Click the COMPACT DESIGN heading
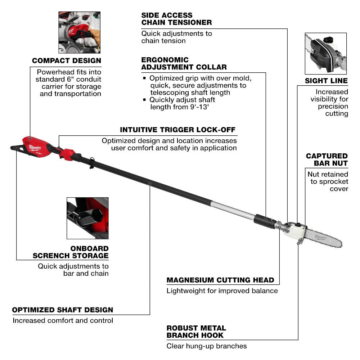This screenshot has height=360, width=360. pyautogui.click(x=66, y=60)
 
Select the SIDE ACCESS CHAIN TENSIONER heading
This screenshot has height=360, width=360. pyautogui.click(x=176, y=19)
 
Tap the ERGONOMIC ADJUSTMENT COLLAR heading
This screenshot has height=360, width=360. pyautogui.click(x=184, y=63)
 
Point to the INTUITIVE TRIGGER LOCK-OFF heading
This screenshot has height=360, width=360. pyautogui.click(x=178, y=130)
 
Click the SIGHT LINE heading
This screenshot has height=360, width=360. pyautogui.click(x=326, y=81)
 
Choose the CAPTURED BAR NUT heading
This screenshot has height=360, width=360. pyautogui.click(x=327, y=159)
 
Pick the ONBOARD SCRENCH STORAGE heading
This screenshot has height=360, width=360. pyautogui.click(x=71, y=252)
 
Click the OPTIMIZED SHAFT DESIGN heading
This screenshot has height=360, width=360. pyautogui.click(x=63, y=310)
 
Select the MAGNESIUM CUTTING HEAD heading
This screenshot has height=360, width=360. pyautogui.click(x=220, y=280)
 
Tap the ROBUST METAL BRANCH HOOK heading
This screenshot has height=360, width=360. pyautogui.click(x=196, y=332)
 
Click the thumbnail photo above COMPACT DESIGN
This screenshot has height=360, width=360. pyautogui.click(x=79, y=32)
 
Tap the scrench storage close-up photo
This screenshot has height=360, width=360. pyautogui.click(x=87, y=218)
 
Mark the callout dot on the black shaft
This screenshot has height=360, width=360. pyautogui.click(x=150, y=183)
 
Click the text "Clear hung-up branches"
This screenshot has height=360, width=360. pyautogui.click(x=206, y=346)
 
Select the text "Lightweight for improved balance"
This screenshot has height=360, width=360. pyautogui.click(x=222, y=291)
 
